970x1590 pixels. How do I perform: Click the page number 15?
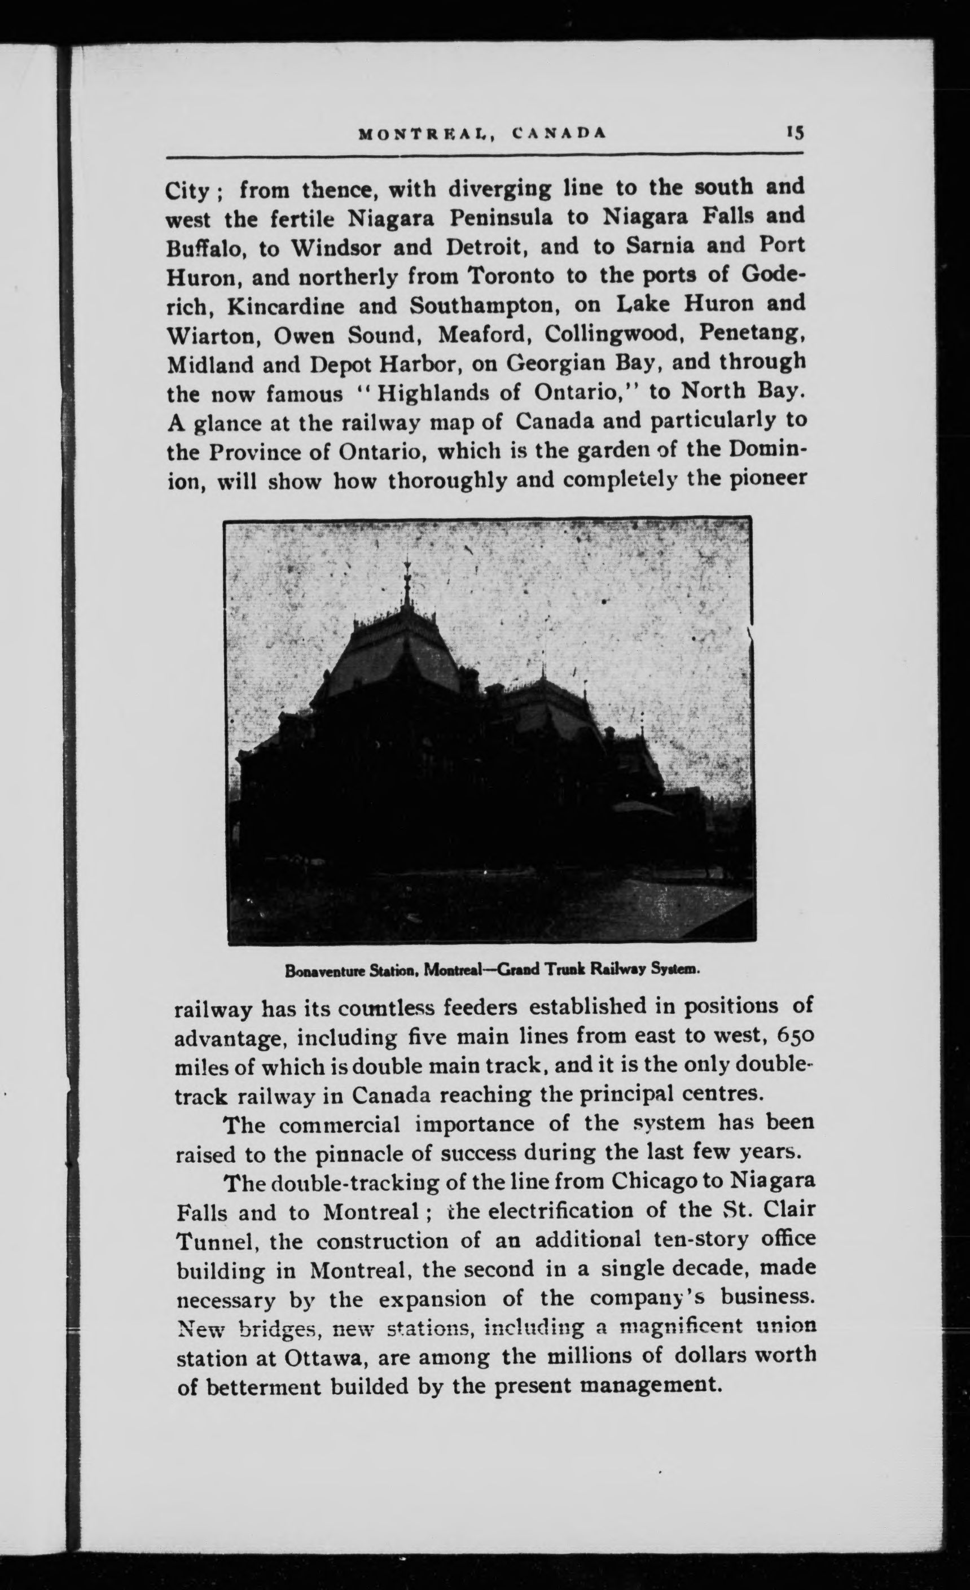(795, 133)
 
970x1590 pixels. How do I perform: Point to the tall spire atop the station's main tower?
(406, 581)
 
